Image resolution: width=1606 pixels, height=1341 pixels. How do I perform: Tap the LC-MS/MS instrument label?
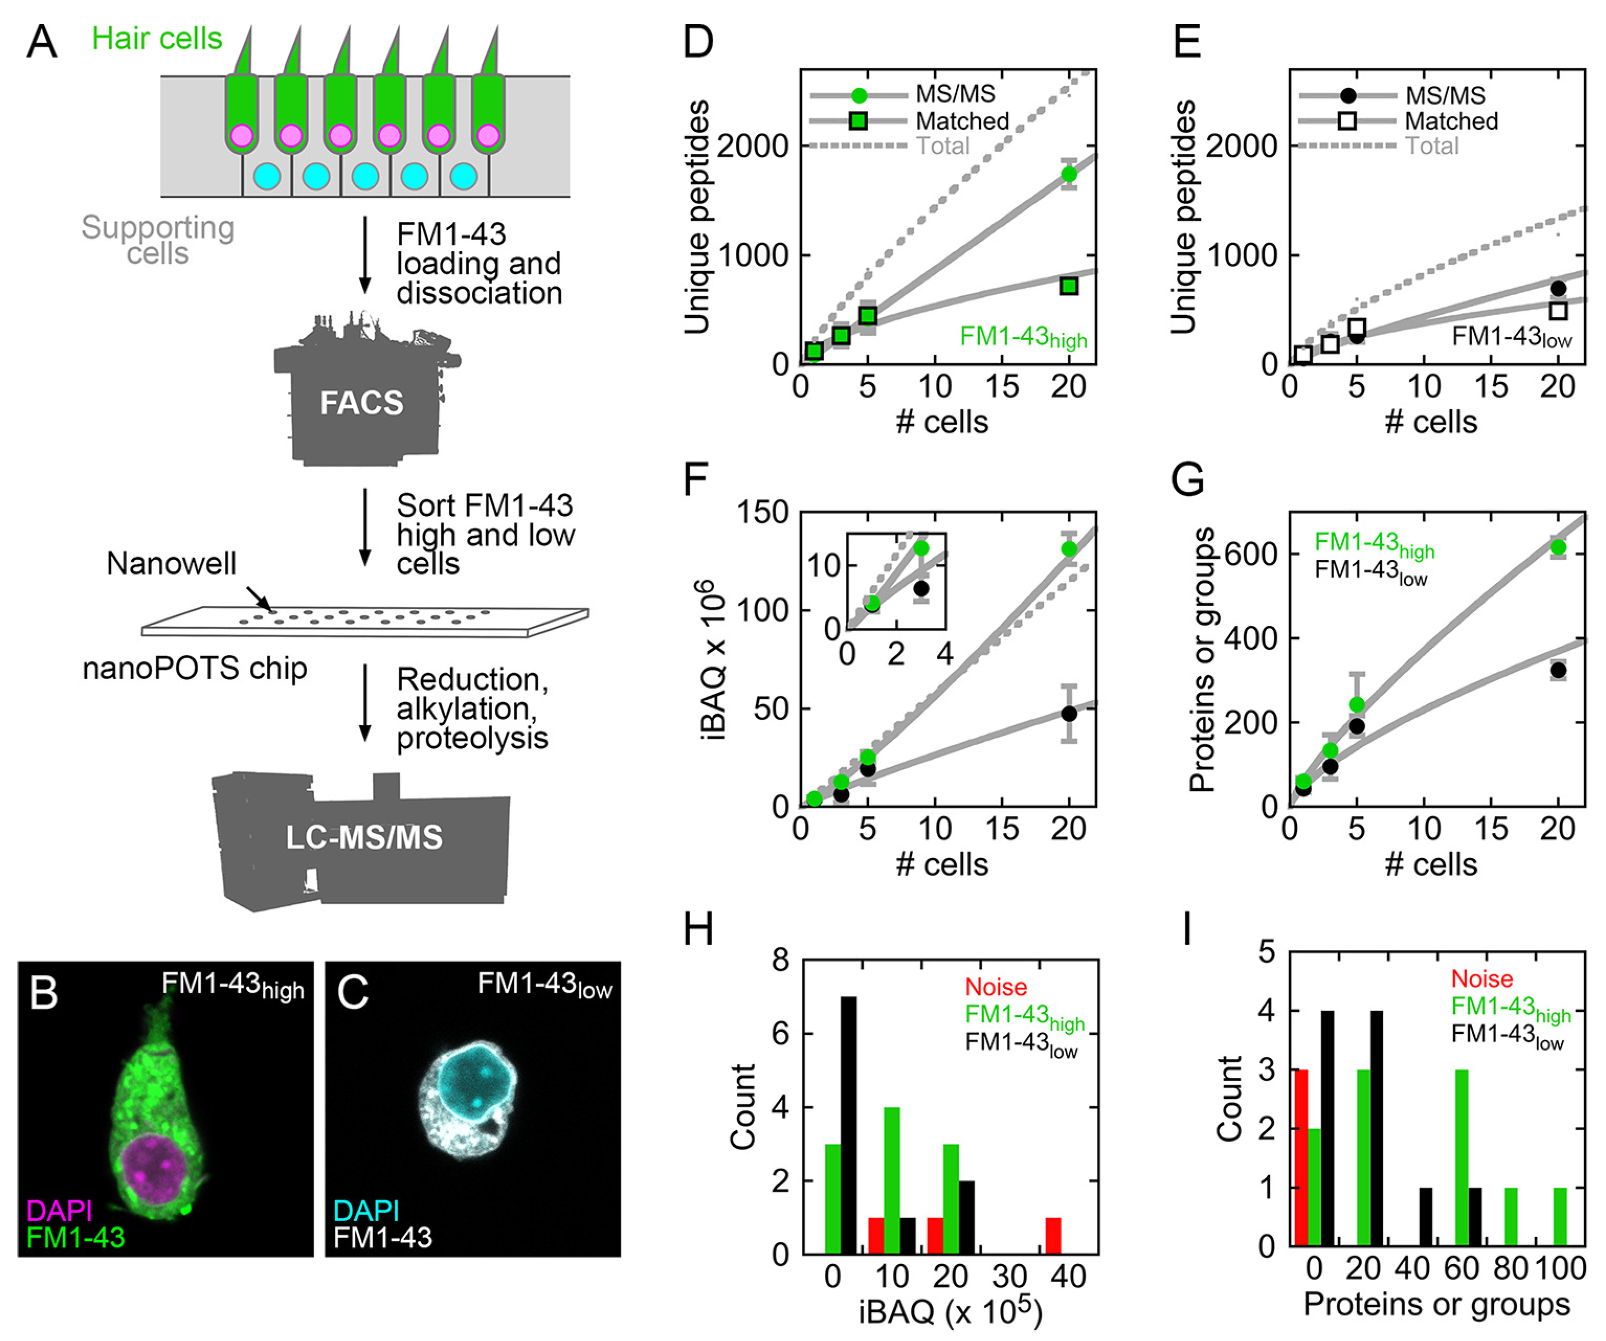coord(364,837)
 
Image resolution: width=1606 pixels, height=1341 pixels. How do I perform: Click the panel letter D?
coord(698,42)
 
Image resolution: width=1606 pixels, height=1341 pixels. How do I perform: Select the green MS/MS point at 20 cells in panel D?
coord(1069,174)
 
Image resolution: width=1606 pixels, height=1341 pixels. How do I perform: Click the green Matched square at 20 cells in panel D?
coord(1069,286)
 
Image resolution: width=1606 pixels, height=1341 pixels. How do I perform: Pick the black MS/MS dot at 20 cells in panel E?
coord(1558,288)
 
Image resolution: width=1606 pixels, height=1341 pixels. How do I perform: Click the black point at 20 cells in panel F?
coord(1069,713)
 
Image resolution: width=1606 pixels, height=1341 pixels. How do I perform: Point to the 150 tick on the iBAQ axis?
coord(763,512)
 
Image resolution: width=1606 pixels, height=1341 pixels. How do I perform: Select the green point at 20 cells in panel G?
coord(1558,547)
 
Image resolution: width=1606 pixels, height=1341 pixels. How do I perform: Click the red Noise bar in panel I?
coord(1300,1158)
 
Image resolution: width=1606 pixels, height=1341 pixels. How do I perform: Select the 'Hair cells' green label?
coord(157,38)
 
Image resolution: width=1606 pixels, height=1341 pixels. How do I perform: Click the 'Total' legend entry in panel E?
coord(1432,146)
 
